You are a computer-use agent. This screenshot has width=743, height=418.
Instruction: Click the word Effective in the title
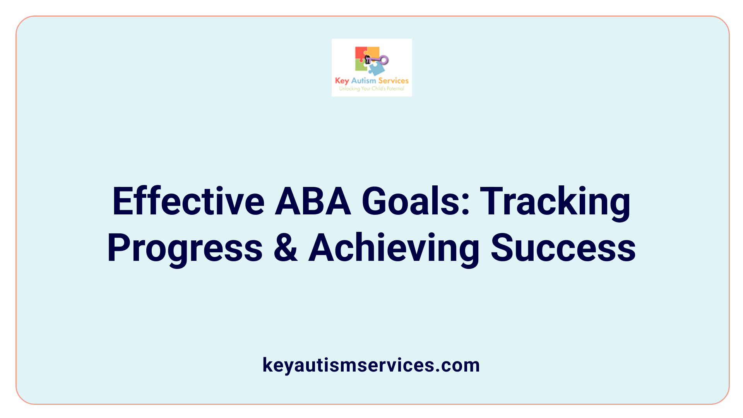click(188, 202)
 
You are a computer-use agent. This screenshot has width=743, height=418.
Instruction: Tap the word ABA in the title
click(313, 202)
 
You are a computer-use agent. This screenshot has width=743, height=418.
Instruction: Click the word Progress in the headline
click(185, 248)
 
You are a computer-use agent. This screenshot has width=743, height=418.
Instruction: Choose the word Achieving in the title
click(394, 248)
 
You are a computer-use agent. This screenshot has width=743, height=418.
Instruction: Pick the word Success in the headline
click(563, 248)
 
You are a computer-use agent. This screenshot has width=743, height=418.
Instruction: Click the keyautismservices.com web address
click(371, 365)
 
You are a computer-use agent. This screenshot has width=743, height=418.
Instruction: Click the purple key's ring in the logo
click(384, 60)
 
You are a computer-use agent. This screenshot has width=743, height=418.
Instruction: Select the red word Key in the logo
click(342, 81)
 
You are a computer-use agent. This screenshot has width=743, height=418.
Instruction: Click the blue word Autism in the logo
click(363, 81)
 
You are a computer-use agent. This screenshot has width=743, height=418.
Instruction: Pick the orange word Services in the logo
click(393, 81)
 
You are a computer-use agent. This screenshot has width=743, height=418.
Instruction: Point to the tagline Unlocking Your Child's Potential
click(371, 89)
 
